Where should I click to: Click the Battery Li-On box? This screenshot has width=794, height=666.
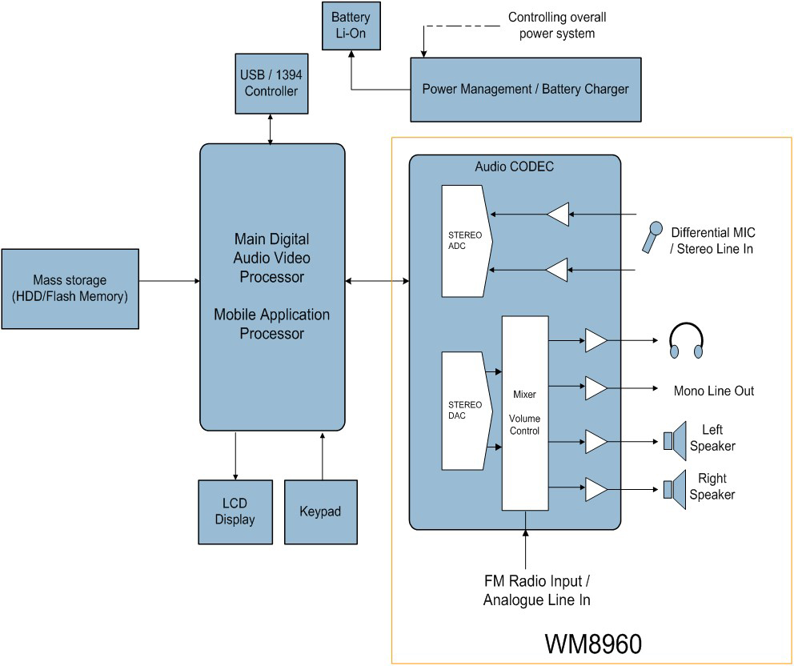coord(350,26)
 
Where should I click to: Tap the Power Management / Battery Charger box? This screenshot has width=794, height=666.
coord(525,89)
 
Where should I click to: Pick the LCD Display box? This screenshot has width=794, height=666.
coord(235,512)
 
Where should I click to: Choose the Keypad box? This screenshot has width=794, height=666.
coord(320,512)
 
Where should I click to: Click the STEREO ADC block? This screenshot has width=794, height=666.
coord(466,240)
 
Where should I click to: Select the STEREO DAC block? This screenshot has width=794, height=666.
coord(466,411)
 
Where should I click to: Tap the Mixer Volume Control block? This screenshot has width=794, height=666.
coord(525,413)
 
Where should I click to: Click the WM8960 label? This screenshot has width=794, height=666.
coord(593,644)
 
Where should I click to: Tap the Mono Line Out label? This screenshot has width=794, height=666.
coord(714,391)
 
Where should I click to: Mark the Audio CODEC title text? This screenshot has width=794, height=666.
coord(514,167)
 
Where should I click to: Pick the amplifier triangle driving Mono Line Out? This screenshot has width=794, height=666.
coord(595,389)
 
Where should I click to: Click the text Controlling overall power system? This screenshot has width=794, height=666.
coord(557,25)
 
